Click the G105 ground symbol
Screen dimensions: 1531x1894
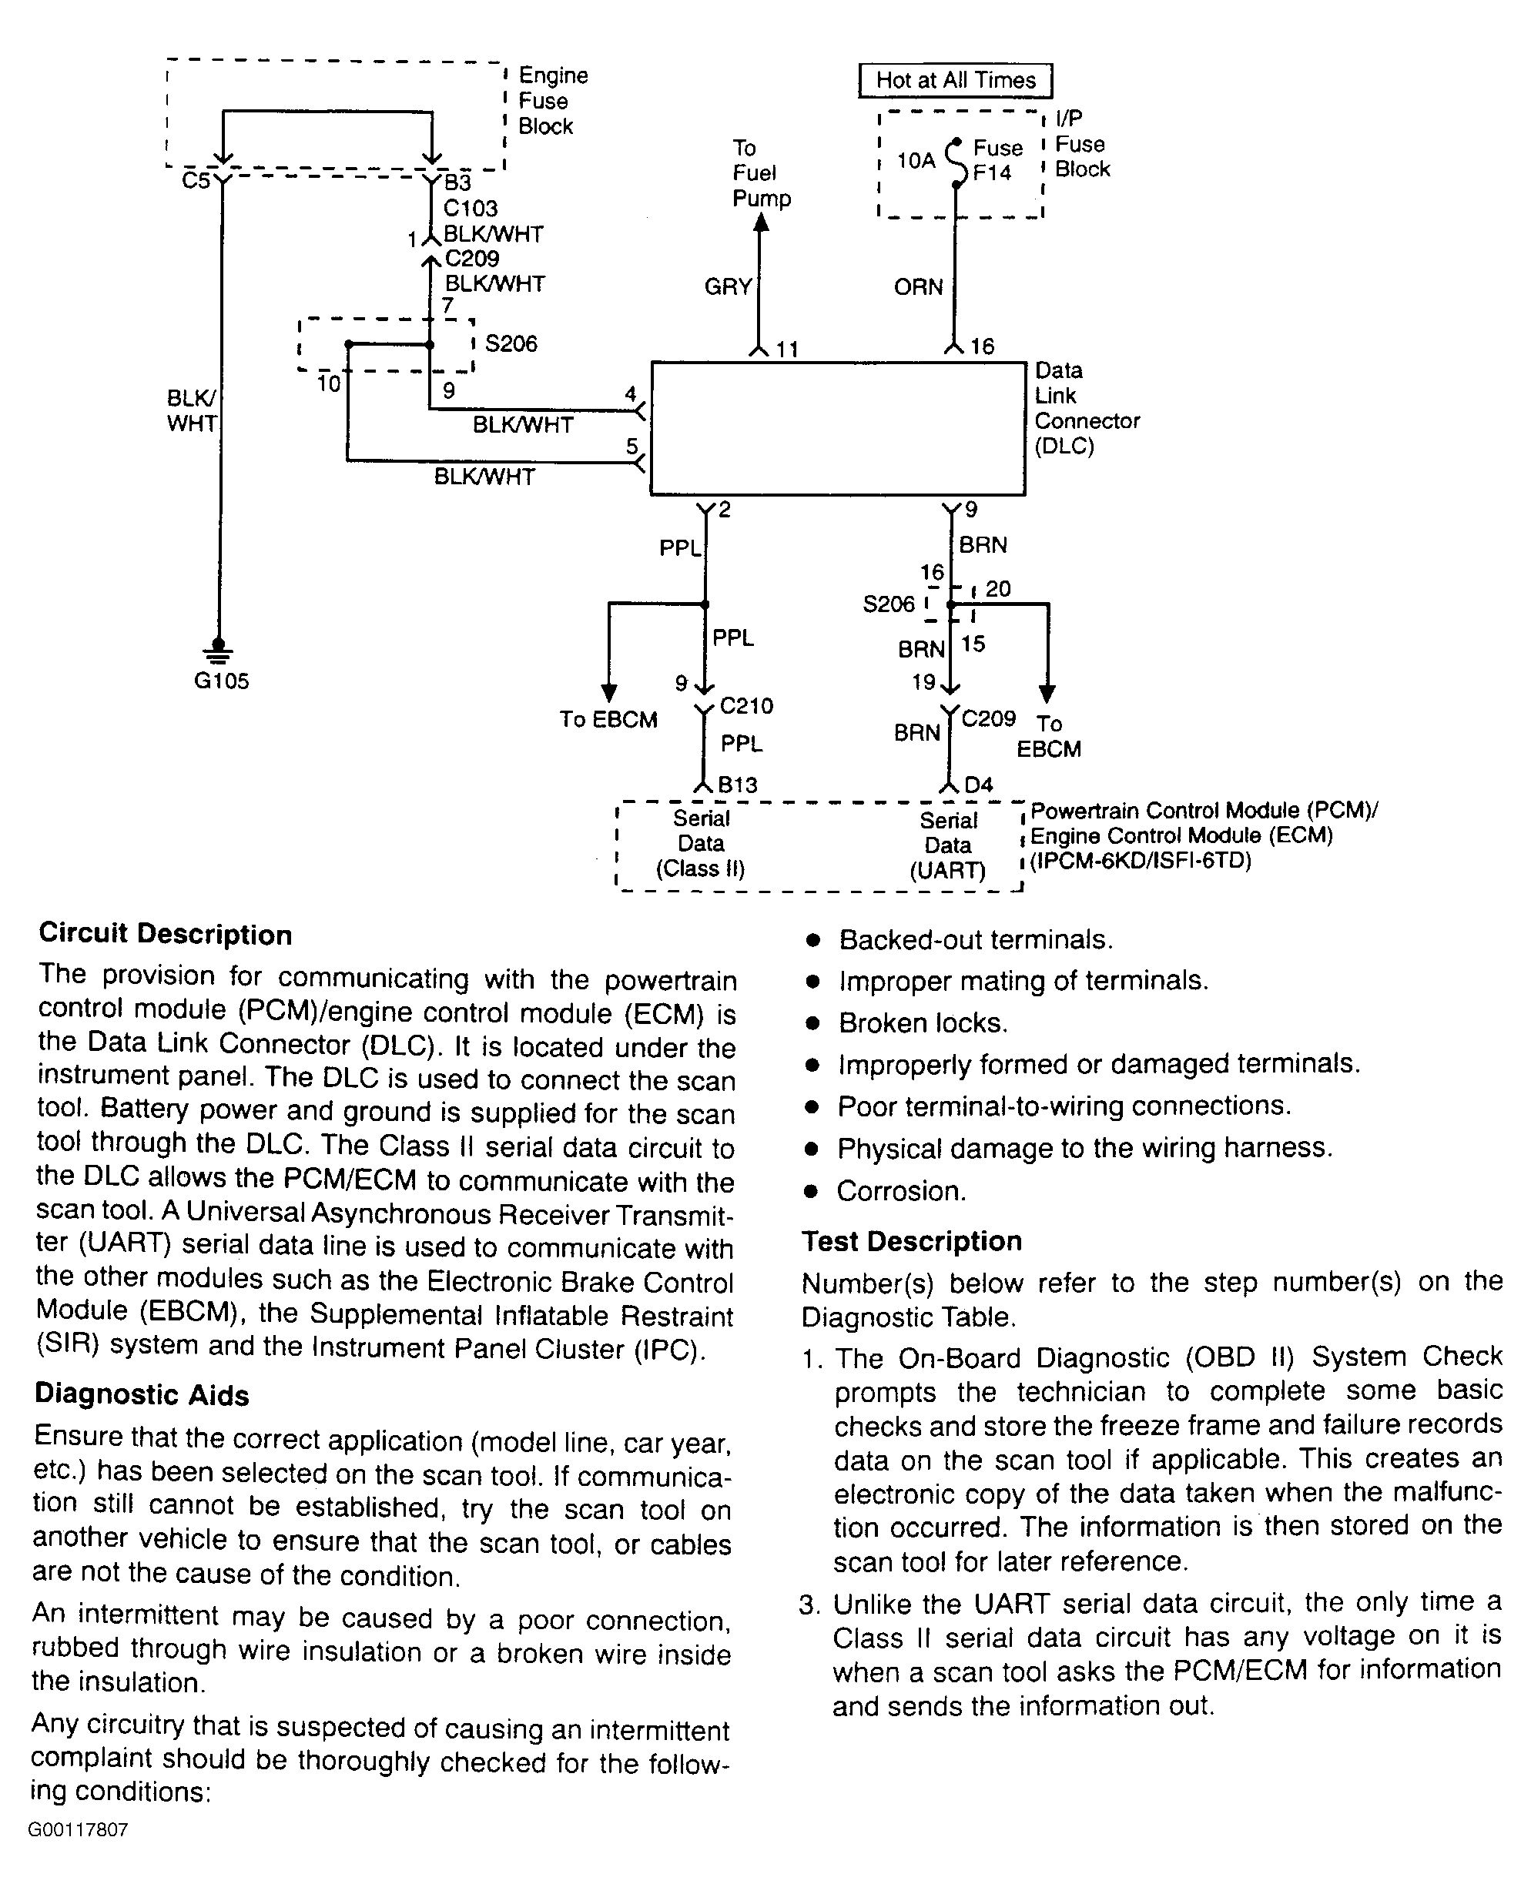click(x=219, y=651)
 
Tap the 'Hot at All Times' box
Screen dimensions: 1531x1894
click(x=955, y=81)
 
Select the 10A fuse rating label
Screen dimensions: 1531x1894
click(x=916, y=160)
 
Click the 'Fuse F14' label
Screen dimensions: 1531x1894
click(x=997, y=160)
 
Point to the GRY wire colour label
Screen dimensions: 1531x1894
click(x=729, y=286)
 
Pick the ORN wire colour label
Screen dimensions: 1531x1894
click(x=918, y=286)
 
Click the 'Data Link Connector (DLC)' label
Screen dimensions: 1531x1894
click(x=1087, y=408)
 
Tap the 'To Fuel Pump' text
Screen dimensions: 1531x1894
click(x=761, y=172)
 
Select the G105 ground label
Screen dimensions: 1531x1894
click(x=221, y=681)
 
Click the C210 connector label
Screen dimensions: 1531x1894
click(x=746, y=705)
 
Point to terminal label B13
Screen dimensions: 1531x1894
click(x=737, y=784)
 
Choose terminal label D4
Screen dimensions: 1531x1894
click(x=979, y=784)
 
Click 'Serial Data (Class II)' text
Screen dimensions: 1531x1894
click(x=701, y=844)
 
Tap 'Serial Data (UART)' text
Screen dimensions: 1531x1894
click(x=948, y=845)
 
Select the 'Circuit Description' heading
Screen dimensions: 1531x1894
click(x=165, y=935)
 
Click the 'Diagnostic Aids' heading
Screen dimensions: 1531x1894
click(x=142, y=1395)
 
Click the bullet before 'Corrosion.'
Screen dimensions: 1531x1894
click(x=812, y=1192)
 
